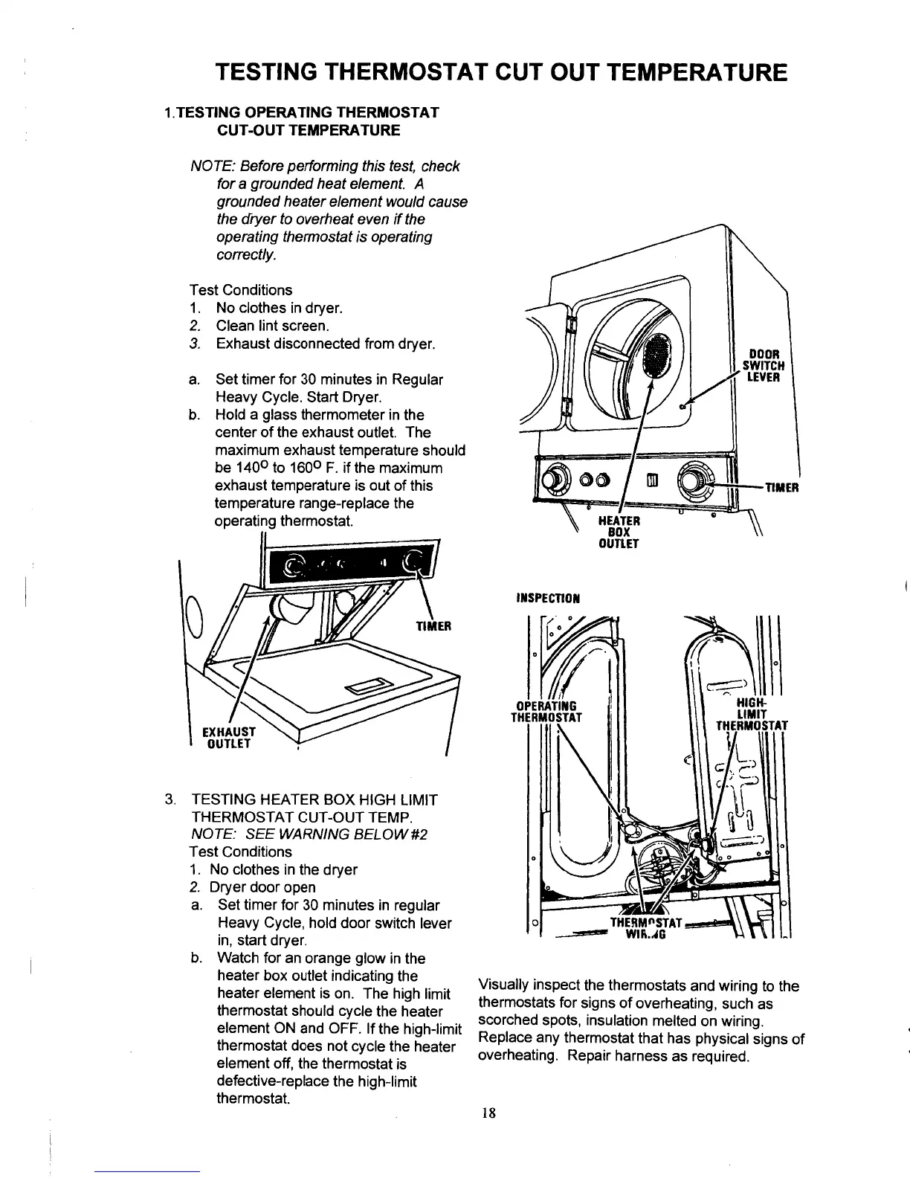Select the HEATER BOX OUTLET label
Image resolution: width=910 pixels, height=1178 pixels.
click(x=619, y=532)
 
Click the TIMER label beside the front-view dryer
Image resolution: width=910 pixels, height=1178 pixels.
click(x=781, y=487)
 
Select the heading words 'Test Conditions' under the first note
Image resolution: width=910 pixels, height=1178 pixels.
click(x=241, y=290)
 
